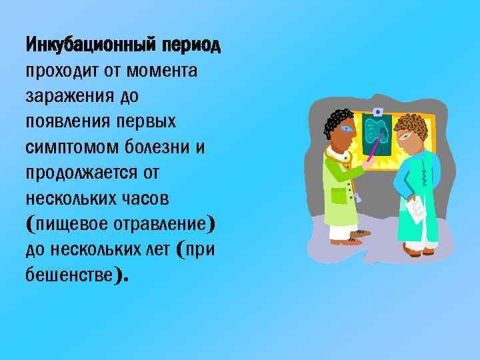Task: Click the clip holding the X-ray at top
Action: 378,111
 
